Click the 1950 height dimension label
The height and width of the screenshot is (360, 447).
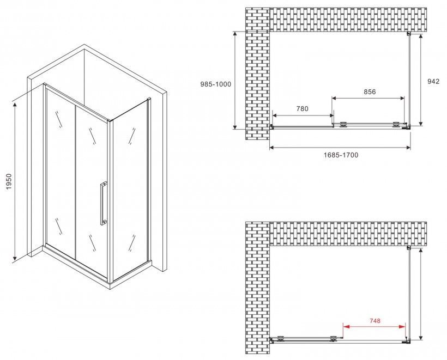[9, 181]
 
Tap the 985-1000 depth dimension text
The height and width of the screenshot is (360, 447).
[216, 84]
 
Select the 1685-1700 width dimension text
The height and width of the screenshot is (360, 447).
[341, 155]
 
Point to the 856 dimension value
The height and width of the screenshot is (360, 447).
[370, 91]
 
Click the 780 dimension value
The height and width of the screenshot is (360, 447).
[302, 109]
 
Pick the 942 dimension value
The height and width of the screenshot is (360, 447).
[433, 82]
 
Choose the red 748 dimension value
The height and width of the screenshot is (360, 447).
[374, 321]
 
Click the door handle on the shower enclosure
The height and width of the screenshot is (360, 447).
[103, 203]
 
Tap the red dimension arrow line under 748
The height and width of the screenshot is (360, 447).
[374, 327]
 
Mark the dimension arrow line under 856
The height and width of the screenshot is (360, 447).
[368, 98]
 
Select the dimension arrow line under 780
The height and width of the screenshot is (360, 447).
[303, 115]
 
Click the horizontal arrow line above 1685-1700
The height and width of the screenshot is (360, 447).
[340, 147]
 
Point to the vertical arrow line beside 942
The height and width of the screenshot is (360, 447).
[421, 80]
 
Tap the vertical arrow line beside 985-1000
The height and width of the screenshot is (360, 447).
[235, 80]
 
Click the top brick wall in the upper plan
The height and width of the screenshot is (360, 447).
[348, 20]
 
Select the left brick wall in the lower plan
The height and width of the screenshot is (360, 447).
[257, 288]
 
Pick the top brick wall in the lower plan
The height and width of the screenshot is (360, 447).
[348, 234]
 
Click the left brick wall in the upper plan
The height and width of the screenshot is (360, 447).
[257, 74]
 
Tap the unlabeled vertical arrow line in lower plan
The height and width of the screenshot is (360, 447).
[421, 294]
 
